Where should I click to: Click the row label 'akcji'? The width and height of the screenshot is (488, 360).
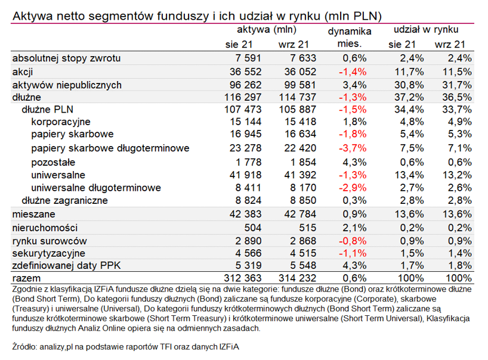(x=23, y=72)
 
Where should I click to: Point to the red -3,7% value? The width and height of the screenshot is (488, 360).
(x=352, y=148)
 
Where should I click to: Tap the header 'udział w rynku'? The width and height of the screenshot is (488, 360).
(x=425, y=29)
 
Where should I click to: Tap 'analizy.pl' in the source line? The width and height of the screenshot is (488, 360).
(x=64, y=346)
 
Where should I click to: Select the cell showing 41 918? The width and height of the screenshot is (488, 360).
(x=248, y=175)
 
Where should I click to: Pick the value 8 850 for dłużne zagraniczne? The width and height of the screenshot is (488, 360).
(x=296, y=201)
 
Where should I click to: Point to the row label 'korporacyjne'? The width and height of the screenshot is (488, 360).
(x=61, y=123)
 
